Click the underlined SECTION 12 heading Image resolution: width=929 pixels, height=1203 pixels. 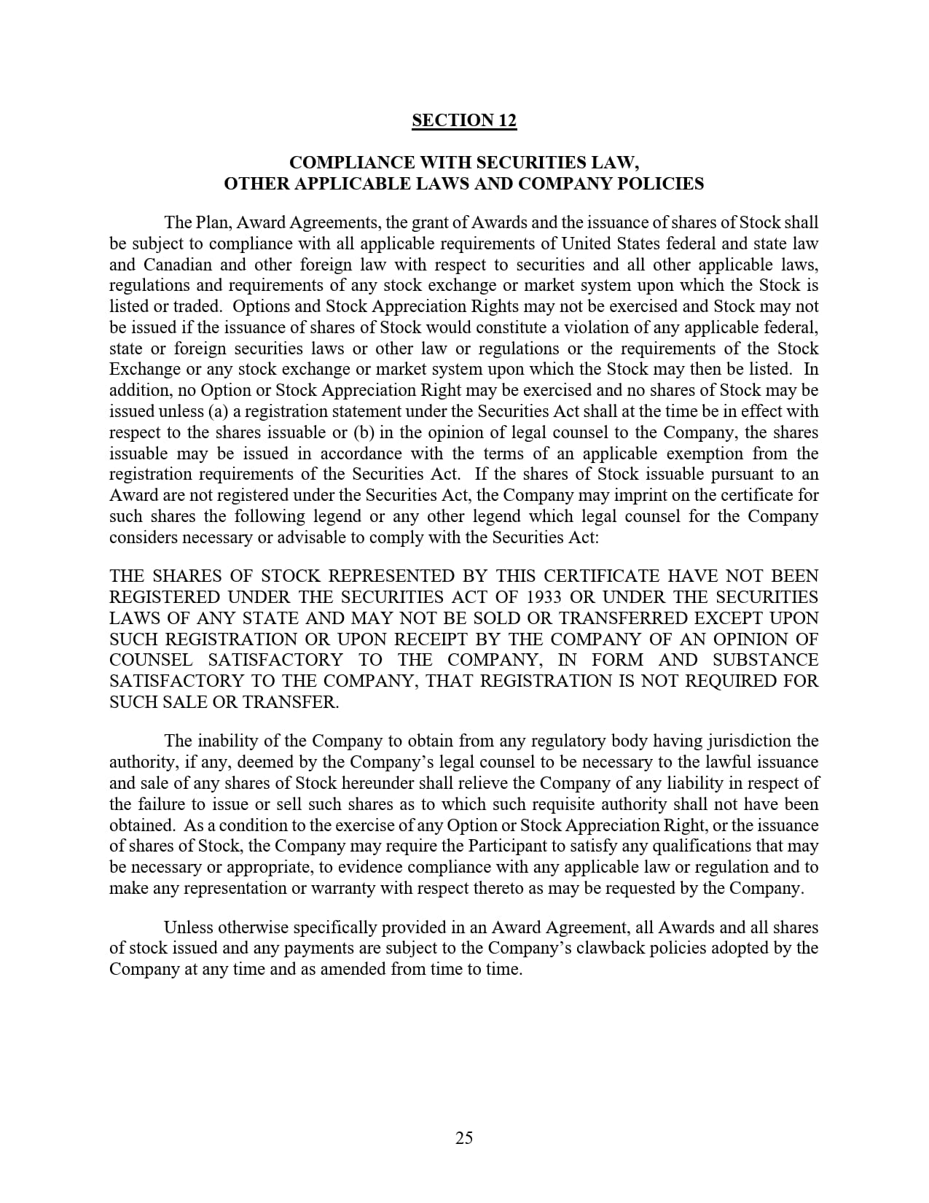(x=464, y=120)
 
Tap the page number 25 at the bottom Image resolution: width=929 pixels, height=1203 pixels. (x=464, y=1137)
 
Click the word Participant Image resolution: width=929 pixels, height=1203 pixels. (x=506, y=846)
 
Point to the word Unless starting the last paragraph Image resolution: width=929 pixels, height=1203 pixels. (x=188, y=927)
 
